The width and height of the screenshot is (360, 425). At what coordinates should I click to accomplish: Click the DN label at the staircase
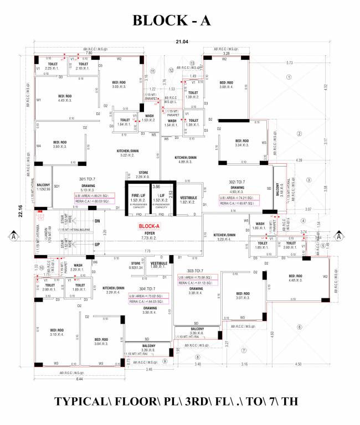click(97, 221)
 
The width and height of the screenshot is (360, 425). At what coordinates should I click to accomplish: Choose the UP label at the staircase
click(97, 244)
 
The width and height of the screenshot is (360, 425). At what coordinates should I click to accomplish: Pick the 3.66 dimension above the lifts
click(156, 187)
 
